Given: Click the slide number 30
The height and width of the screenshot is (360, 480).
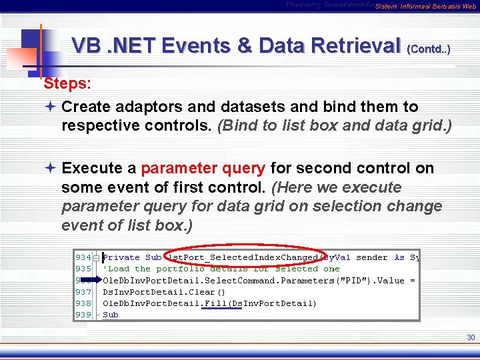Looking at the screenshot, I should pos(471,337).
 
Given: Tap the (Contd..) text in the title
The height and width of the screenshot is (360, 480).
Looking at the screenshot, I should pos(428,49).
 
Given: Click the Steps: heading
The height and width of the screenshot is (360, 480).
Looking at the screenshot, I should pos(67,84).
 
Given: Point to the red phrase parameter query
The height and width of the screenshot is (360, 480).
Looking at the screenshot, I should pos(203,168).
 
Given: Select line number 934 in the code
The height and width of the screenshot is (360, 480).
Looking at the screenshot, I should pos(83,257).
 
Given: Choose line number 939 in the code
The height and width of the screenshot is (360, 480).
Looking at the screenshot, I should pos(83,315).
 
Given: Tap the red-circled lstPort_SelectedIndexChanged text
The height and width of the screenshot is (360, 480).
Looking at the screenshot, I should pos(243,257).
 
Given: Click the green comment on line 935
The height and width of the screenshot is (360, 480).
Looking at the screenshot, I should pos(220,269).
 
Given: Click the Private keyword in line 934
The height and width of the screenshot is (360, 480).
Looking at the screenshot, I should pos(121,257).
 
